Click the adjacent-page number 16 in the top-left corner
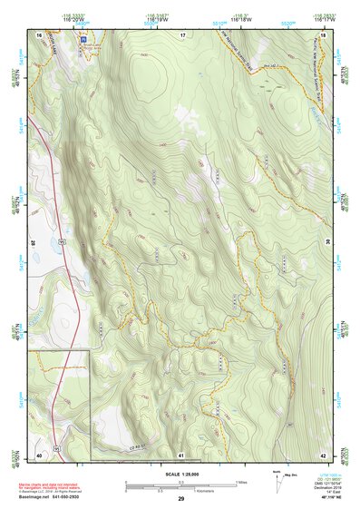point(40,34)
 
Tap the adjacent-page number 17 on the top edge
point(181,34)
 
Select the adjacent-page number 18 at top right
point(323,34)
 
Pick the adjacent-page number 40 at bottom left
point(40,455)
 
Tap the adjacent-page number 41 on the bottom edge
point(181,455)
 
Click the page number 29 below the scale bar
point(181,499)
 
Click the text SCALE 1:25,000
point(180,473)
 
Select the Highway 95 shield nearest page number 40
point(55,448)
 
